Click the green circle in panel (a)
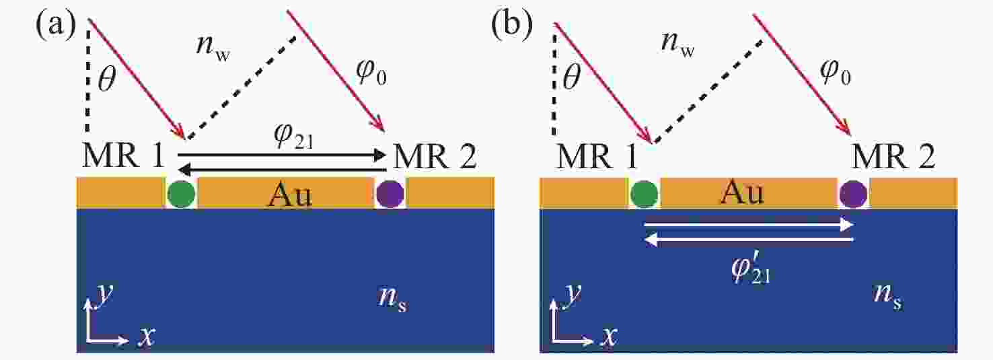182,194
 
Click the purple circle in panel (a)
390,194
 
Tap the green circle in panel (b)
644,194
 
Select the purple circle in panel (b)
853,194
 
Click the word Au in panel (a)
290,194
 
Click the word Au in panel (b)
743,193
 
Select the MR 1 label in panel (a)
123,157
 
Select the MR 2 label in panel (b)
893,157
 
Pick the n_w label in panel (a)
213,47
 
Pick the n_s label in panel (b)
888,297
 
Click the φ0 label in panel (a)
371,73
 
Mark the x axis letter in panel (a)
146,337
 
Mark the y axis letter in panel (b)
572,294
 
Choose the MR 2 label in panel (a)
435,157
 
